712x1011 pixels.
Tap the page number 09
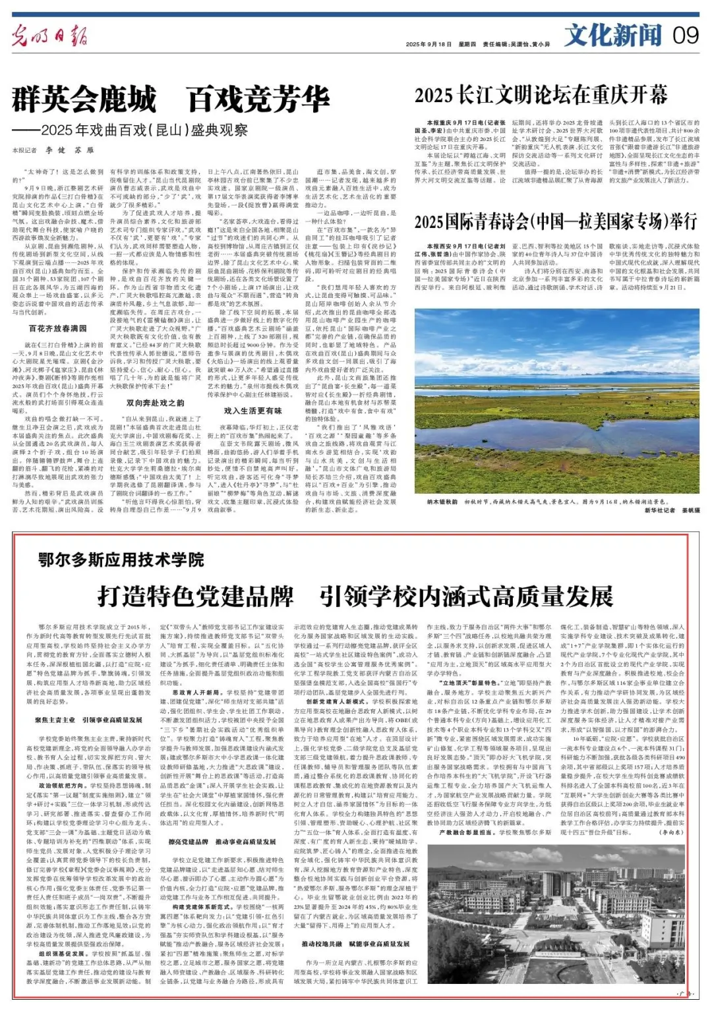(685, 35)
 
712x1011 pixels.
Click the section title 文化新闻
(612, 35)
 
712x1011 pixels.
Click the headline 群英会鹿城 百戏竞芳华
(170, 100)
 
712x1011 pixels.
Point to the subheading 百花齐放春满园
(58, 328)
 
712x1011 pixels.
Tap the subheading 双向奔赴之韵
(156, 403)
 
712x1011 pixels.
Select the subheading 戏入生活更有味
(252, 411)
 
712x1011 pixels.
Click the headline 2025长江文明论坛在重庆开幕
(541, 96)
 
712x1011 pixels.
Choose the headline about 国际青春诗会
(555, 221)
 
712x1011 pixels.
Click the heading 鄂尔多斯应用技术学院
(121, 560)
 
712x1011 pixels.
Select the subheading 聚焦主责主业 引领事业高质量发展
(89, 720)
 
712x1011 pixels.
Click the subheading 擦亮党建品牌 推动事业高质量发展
(222, 842)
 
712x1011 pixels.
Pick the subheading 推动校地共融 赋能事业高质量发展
(355, 944)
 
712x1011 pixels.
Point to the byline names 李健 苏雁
(70, 150)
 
